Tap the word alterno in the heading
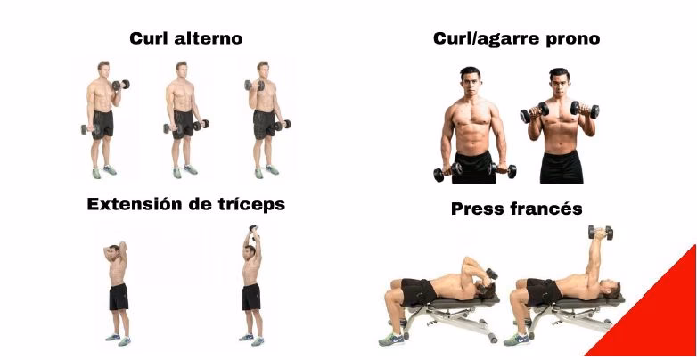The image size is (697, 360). pyautogui.click(x=209, y=38)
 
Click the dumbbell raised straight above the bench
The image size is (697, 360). pyautogui.click(x=601, y=232)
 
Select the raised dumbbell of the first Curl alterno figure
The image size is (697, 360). pyautogui.click(x=121, y=84)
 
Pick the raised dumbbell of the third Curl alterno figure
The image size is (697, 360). pyautogui.click(x=254, y=85)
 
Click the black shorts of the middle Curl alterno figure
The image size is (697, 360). pyautogui.click(x=183, y=124)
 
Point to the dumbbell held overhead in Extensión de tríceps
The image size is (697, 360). pyautogui.click(x=253, y=230)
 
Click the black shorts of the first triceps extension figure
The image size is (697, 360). pyautogui.click(x=119, y=297)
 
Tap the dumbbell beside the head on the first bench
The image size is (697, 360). pyautogui.click(x=490, y=275)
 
